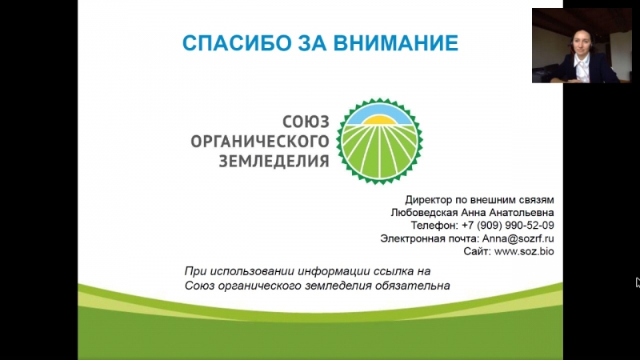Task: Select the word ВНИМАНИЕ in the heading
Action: pos(396,43)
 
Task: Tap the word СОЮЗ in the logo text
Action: pos(306,122)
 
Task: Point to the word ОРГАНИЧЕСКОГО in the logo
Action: pos(260,142)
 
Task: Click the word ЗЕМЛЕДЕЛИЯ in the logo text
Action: pos(274,162)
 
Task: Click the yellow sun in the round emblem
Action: pos(379,120)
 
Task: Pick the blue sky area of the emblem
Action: pos(379,112)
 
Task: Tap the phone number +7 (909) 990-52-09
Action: pos(508,226)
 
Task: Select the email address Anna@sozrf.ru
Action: pos(518,238)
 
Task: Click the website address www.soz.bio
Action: pos(524,251)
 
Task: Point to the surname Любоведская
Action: pos(425,213)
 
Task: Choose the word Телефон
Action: pos(434,226)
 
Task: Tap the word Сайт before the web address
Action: pos(477,251)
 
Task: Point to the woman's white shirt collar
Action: pos(580,62)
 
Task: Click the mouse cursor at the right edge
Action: pos(638,282)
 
